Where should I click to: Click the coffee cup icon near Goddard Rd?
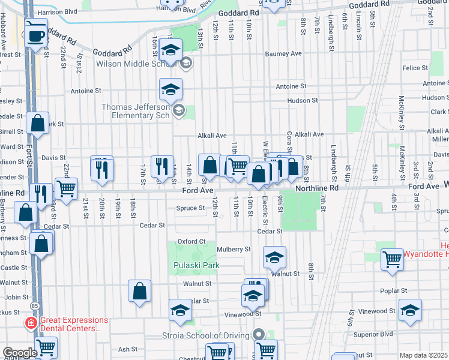tap(35, 35)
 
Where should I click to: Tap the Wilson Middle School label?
tap(137, 63)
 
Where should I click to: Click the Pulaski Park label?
tap(196, 265)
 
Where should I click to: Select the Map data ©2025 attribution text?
tap(423, 355)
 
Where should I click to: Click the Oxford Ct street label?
tap(191, 242)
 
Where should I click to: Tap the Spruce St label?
tap(191, 208)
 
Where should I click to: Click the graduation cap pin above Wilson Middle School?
tap(171, 50)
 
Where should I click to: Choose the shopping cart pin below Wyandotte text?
tap(392, 259)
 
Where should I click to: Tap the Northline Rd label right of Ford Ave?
tap(317, 188)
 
